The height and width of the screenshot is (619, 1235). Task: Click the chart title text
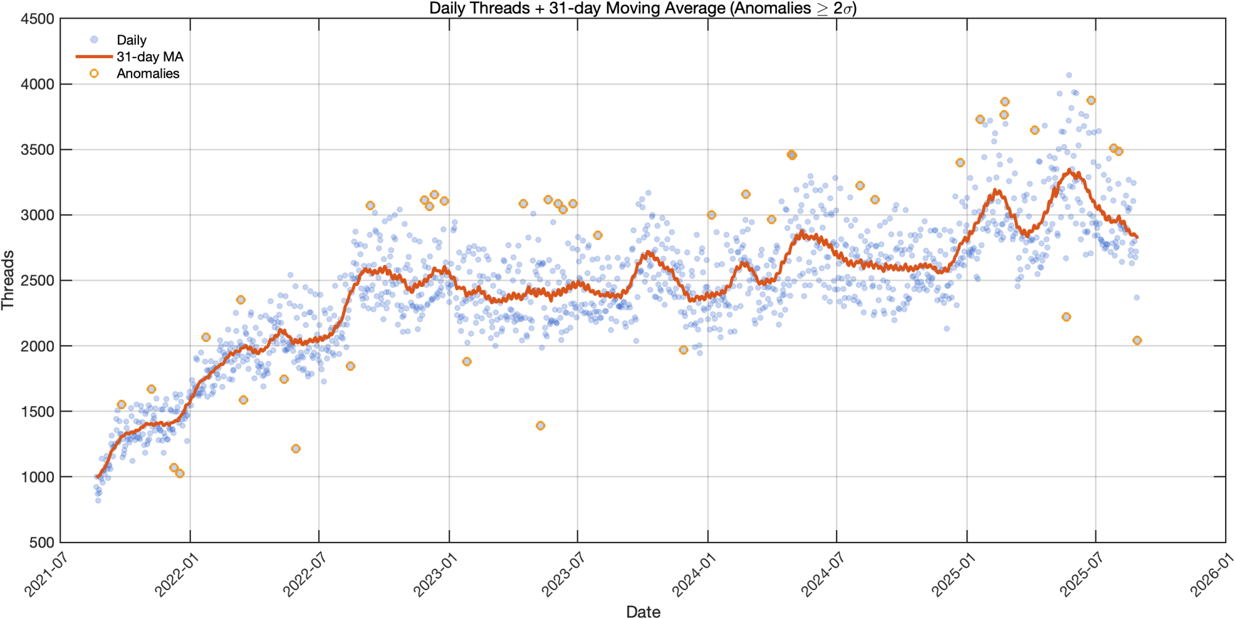click(642, 9)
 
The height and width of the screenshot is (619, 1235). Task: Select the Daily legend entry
click(131, 40)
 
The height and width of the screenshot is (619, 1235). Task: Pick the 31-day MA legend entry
click(149, 57)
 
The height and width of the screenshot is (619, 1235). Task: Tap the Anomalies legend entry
click(148, 73)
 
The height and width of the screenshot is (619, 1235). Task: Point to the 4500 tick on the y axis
click(38, 19)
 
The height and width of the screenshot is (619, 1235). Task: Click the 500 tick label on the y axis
click(42, 542)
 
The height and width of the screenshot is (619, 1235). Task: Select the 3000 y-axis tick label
click(38, 215)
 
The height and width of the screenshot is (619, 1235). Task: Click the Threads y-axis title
click(8, 280)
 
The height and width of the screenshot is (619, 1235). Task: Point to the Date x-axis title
click(643, 611)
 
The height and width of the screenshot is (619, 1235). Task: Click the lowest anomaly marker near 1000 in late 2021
click(180, 473)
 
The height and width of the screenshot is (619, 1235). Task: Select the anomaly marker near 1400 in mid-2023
click(540, 425)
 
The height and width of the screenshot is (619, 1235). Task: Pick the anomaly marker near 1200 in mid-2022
click(296, 449)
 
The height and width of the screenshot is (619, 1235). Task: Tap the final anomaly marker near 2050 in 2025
click(1137, 340)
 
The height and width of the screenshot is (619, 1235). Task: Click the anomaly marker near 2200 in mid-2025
click(1066, 317)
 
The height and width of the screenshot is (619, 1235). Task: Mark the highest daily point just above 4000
click(1069, 75)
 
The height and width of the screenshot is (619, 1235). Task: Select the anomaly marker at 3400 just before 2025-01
click(960, 163)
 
